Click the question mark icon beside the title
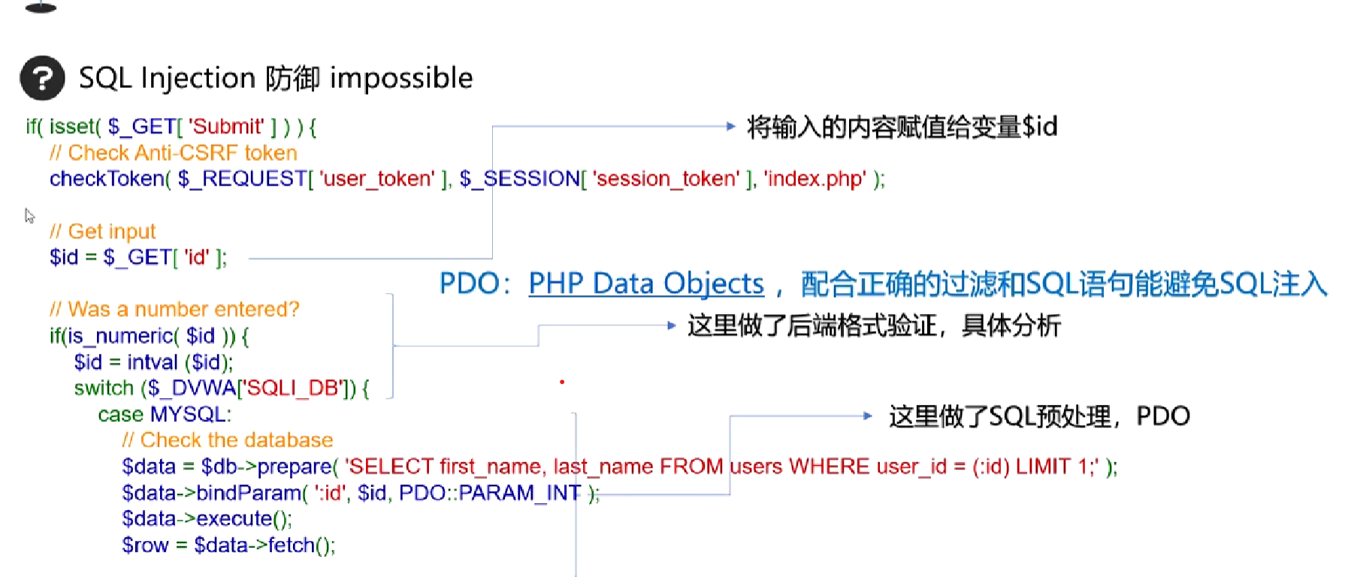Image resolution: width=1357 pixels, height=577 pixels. coord(42,78)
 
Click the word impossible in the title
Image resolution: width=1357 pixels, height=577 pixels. coord(401,78)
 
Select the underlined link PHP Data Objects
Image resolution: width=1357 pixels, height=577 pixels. coord(646,284)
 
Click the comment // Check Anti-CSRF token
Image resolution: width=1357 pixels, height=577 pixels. coord(174,153)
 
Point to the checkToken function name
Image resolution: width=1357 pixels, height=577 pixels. coord(107,179)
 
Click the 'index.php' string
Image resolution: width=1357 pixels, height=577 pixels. coord(815,179)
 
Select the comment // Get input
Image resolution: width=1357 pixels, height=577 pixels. coord(102,231)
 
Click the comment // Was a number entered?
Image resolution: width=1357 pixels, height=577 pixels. coord(174,310)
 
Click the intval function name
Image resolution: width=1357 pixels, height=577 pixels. coord(153,362)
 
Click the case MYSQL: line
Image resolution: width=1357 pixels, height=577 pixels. coord(165,414)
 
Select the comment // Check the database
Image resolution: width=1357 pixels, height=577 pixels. coord(228,440)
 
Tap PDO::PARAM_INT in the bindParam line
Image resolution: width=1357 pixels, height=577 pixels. coord(490,493)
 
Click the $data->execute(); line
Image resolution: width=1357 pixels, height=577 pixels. coord(207,518)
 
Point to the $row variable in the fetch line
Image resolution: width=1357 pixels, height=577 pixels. coord(146,545)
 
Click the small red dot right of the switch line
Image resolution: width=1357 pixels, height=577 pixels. coord(562,382)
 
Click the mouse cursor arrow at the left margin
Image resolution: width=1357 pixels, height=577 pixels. coord(29,216)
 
